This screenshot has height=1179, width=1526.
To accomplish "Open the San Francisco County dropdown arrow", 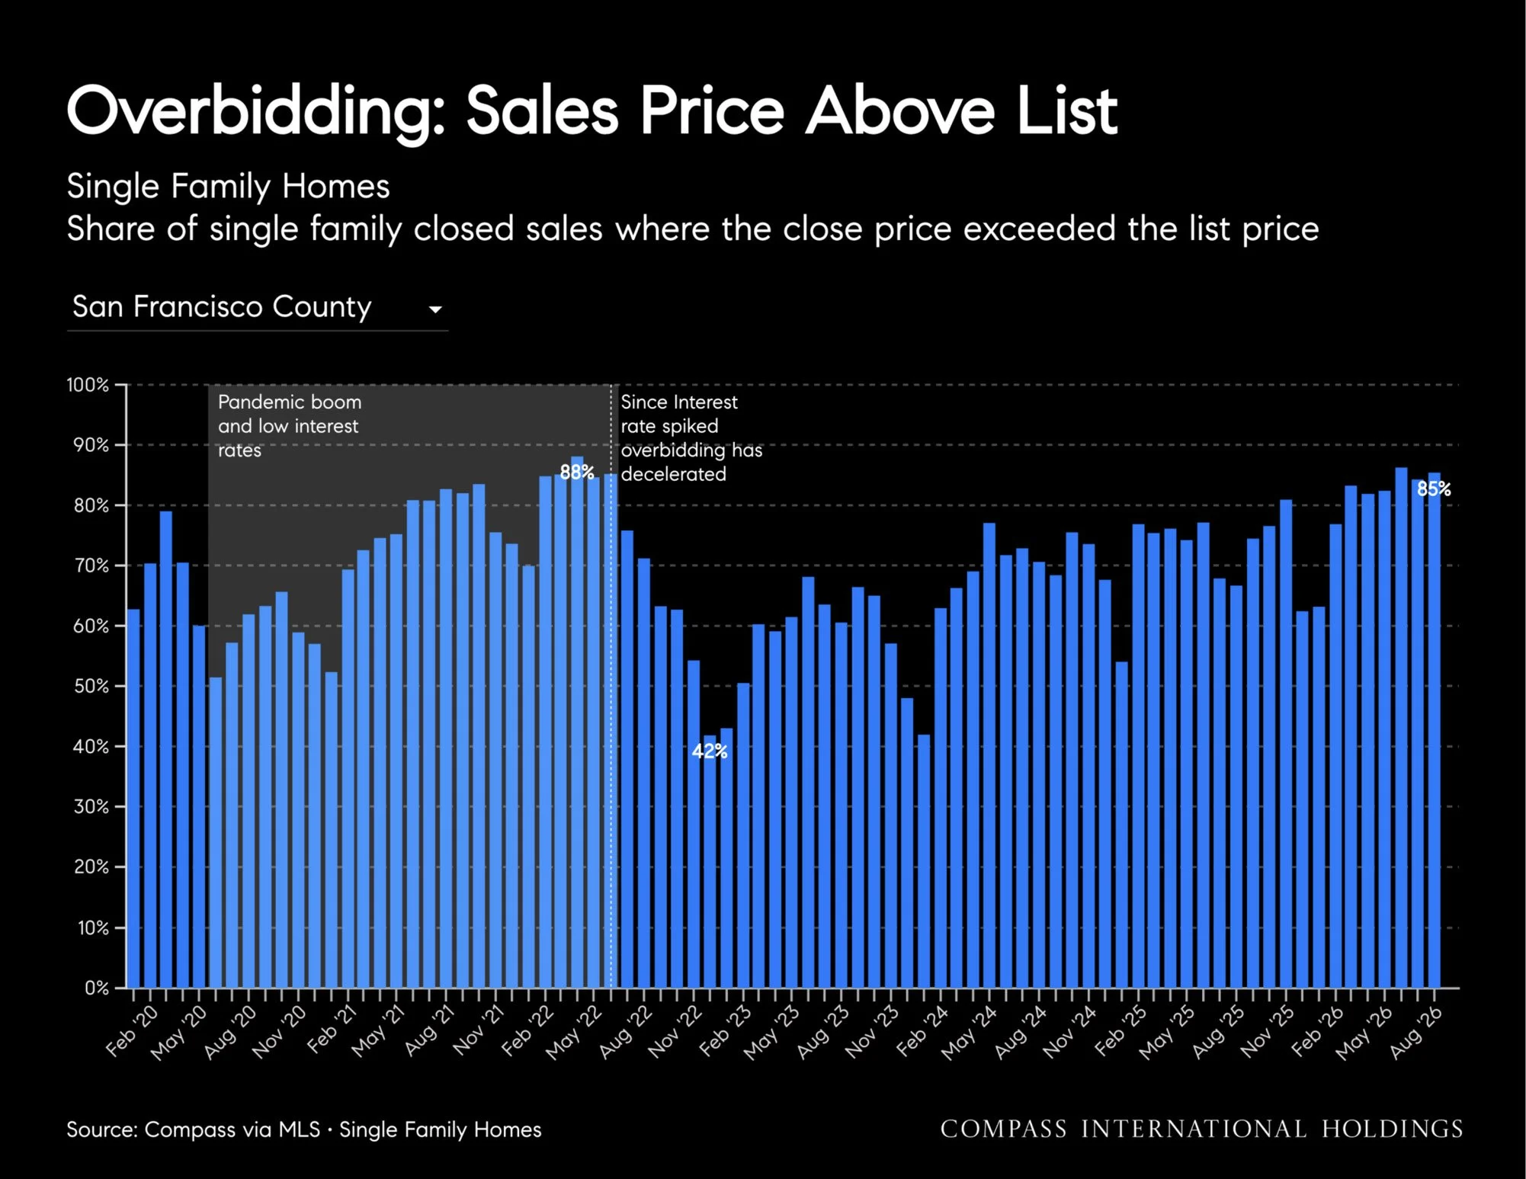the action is click(435, 309).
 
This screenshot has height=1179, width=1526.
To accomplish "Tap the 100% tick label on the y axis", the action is click(88, 385).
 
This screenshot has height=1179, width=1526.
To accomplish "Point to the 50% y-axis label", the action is click(91, 686).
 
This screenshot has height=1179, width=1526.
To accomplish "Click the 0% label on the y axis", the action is click(97, 988).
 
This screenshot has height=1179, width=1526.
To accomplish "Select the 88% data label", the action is click(577, 473).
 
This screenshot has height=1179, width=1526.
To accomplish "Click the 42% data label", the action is click(710, 751).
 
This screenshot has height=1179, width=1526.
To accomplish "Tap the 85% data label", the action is click(1434, 489).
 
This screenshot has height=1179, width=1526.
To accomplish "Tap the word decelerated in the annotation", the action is click(674, 474).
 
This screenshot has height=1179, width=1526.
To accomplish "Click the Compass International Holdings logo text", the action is click(1202, 1129).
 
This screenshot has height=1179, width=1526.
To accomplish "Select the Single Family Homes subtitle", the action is click(228, 187).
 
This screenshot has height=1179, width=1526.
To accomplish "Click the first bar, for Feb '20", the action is click(133, 799).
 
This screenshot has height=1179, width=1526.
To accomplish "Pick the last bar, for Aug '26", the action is click(1434, 730).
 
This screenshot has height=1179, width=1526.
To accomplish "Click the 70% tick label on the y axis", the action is click(91, 565).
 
